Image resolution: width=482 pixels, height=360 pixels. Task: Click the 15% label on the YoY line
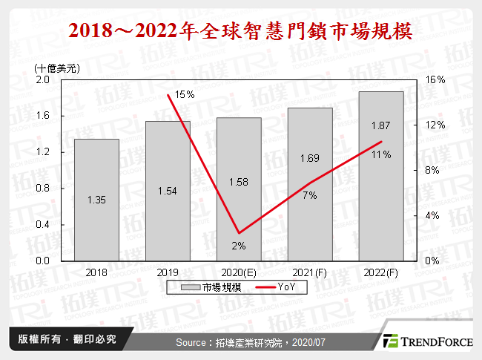point(185,94)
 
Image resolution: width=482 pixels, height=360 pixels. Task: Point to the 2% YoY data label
point(239,245)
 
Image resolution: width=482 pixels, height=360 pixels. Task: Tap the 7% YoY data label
point(309,195)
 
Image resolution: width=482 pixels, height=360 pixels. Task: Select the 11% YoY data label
point(381,154)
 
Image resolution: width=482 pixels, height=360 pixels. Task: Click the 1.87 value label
point(381,126)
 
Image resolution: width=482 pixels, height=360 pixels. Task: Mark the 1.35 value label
point(96,199)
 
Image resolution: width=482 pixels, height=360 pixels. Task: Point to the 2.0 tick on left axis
point(42,79)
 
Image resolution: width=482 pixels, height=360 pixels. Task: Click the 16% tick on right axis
point(435,79)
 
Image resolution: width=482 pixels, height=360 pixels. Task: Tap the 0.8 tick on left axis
point(42,189)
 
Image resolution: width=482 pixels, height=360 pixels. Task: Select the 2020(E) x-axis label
point(239,272)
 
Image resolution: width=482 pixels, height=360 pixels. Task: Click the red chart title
point(241,32)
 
